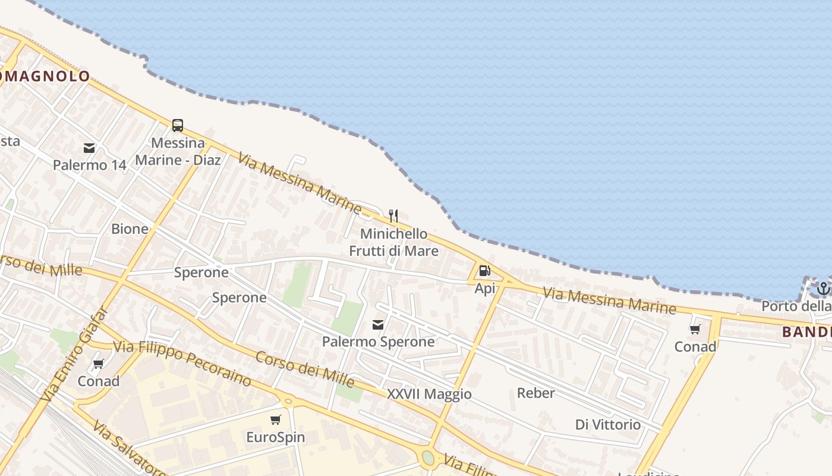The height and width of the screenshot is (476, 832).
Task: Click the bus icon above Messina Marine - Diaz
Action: click(178, 125)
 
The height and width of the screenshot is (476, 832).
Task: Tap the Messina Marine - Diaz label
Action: click(178, 152)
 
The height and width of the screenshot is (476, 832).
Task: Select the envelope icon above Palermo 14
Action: click(89, 148)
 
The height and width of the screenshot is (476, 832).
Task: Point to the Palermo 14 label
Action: click(90, 165)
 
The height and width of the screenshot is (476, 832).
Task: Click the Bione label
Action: click(130, 229)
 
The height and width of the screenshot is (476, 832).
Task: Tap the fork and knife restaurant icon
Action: click(393, 215)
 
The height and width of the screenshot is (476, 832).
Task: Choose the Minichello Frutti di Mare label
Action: click(393, 242)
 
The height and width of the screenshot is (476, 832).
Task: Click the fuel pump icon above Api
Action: click(485, 271)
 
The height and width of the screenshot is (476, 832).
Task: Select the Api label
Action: click(485, 289)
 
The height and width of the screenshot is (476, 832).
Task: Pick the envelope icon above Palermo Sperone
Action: click(378, 324)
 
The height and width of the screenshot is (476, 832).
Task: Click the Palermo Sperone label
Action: click(378, 342)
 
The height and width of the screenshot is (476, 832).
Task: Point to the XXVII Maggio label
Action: click(429, 394)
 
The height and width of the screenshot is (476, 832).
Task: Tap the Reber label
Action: click(535, 393)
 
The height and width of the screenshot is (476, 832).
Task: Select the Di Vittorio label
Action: click(608, 425)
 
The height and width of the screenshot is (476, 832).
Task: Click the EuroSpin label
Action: click(275, 437)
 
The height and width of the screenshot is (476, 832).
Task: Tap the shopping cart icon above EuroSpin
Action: click(275, 420)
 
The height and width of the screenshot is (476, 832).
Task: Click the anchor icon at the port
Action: click(823, 289)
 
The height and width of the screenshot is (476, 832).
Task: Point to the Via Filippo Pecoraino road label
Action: click(181, 363)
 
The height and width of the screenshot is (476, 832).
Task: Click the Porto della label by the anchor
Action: click(796, 306)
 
